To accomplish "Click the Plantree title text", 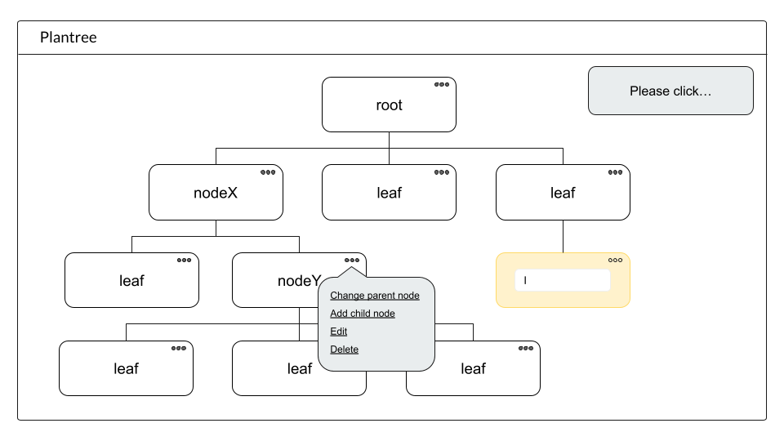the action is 69,38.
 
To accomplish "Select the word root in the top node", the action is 389,105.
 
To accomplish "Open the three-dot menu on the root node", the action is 442,84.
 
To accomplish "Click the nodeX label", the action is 216,193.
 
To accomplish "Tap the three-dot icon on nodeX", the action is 268,172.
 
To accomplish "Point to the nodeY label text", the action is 299,281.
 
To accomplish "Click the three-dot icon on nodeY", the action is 352,260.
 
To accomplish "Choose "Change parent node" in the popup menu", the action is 375,296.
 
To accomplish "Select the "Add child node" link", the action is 363,314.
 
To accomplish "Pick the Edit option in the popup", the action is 338,332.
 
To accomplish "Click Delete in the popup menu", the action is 344,350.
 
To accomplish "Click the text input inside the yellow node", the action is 563,280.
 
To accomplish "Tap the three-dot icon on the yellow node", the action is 616,260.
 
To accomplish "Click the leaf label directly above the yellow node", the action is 563,193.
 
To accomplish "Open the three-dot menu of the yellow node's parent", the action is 616,172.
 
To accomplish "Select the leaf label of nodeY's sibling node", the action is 131,281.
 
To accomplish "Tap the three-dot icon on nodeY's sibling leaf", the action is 184,260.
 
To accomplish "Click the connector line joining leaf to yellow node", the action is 563,237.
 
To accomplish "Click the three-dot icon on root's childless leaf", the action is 442,172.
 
